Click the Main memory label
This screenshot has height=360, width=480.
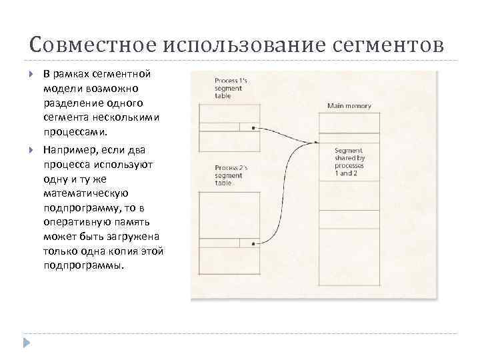(349, 106)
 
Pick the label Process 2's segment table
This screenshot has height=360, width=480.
(231, 175)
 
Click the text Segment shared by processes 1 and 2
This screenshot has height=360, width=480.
(349, 161)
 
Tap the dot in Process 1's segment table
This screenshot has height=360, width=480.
(253, 127)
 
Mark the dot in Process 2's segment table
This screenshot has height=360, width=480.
(253, 244)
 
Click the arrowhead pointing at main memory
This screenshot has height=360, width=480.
(316, 142)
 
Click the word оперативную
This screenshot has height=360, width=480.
(76, 223)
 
